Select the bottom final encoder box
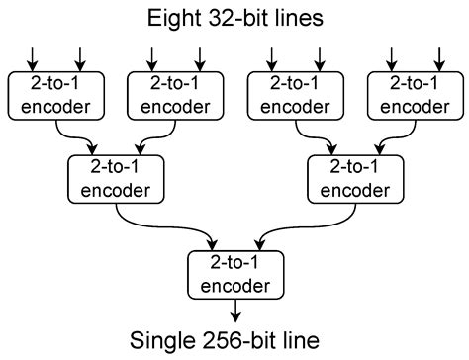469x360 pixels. pos(235,274)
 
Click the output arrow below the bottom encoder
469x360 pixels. pos(235,312)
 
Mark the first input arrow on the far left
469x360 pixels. pos(34,56)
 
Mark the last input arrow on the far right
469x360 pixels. pos(436,56)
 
